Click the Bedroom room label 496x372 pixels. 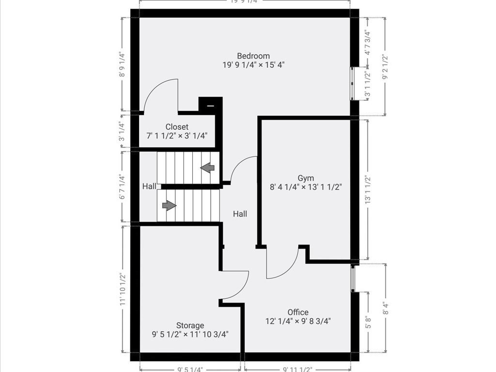[253, 56]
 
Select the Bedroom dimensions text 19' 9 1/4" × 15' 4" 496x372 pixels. [253, 65]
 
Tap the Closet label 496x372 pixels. [177, 127]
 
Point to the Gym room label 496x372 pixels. [306, 178]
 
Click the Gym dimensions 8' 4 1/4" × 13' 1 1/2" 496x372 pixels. [306, 187]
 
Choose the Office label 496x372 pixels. [297, 312]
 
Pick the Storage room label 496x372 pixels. [190, 325]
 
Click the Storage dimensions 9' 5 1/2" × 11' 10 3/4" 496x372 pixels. [190, 334]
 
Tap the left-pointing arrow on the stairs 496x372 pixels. [208, 168]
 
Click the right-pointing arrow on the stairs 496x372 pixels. [169, 205]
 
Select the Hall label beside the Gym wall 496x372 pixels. [240, 214]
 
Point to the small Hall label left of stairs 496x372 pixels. [149, 186]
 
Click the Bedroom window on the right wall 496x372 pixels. [354, 83]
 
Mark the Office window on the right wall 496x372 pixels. [354, 278]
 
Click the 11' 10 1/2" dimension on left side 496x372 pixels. [123, 289]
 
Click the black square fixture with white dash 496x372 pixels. [210, 105]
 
